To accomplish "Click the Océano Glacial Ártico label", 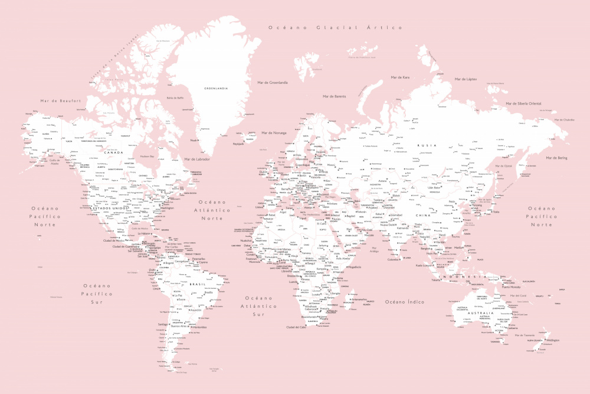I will point(335,28).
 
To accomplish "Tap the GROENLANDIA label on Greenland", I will point(215,88).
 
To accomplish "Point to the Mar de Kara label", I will point(400,77).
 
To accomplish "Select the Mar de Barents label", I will point(334,96).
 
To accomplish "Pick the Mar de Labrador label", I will point(197,159).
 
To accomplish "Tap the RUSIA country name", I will point(427,145).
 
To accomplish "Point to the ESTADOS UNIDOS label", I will point(112,208).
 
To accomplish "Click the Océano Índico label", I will point(405,302).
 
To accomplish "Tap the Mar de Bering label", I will point(556,158).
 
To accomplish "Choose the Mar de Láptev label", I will point(466,79).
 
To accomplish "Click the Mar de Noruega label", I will point(273,133).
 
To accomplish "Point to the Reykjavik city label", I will point(238,144).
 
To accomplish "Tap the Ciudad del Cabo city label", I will point(296,327).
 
